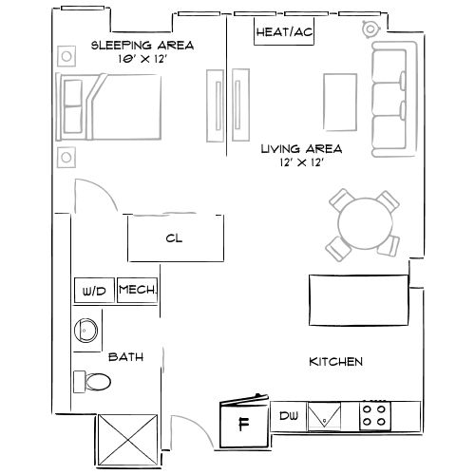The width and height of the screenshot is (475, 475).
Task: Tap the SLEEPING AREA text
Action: click(142, 46)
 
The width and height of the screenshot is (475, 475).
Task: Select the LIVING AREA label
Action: click(302, 149)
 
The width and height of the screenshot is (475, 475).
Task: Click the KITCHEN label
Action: click(335, 362)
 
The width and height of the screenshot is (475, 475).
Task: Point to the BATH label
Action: click(125, 357)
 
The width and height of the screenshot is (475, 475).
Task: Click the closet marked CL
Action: click(176, 238)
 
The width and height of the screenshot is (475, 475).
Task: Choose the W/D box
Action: click(94, 291)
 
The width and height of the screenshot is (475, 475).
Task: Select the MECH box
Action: click(137, 291)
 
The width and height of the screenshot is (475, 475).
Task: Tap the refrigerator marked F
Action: click(243, 422)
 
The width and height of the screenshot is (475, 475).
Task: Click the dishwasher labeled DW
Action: click(289, 415)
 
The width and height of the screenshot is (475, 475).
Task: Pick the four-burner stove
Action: click(374, 415)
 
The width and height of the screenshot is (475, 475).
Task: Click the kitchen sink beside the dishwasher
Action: click(330, 415)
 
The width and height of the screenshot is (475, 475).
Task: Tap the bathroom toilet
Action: click(93, 382)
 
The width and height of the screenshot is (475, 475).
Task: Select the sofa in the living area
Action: click(390, 99)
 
